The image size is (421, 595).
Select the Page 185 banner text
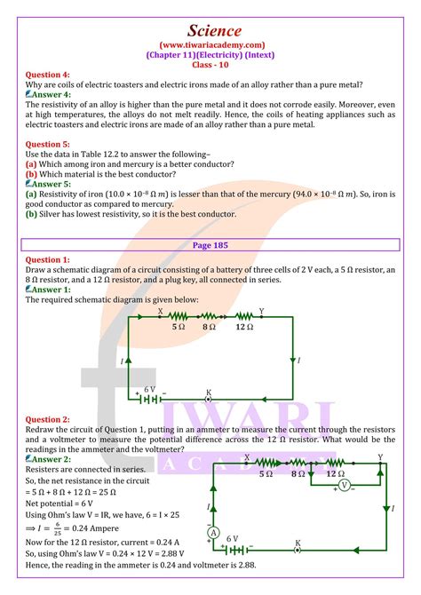tap(210, 243)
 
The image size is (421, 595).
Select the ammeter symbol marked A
tap(213, 532)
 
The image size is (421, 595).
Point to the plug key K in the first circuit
tap(209, 397)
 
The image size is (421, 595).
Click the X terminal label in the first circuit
tap(160, 312)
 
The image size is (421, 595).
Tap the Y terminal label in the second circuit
tap(380, 456)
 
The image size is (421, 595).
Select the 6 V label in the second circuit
tap(233, 539)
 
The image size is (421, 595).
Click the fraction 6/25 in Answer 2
tap(65, 550)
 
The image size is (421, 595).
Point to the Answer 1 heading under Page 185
tap(48, 290)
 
